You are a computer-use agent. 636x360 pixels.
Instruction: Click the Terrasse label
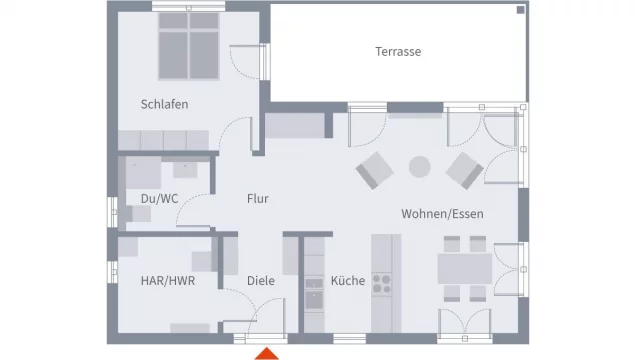(398, 51)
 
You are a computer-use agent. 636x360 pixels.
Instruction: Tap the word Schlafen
(164, 104)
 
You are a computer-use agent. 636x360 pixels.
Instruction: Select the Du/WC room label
(159, 199)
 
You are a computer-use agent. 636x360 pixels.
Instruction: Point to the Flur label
(258, 199)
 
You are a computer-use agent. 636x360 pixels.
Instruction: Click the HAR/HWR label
(168, 281)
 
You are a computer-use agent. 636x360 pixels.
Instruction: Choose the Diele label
(261, 281)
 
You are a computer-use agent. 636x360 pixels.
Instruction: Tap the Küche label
(348, 281)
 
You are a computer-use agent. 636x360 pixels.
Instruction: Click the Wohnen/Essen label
(442, 214)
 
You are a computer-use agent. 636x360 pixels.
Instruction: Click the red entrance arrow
(266, 354)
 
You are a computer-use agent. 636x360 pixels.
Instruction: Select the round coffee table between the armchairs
(419, 167)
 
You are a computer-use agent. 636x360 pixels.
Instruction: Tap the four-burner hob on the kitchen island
(381, 284)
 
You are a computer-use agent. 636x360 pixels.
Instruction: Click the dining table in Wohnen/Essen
(465, 268)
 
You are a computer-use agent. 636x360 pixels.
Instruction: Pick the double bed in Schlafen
(189, 46)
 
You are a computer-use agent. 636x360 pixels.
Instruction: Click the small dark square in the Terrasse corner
(520, 10)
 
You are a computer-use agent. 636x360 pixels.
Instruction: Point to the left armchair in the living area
(374, 170)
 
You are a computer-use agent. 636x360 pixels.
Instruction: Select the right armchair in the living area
(464, 170)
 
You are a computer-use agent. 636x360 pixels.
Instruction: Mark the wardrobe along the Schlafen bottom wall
(163, 140)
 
